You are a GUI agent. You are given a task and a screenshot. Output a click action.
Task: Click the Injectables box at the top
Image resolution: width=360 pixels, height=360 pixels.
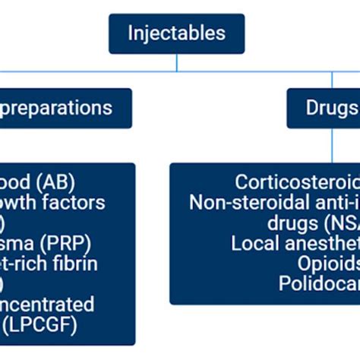point(176,34)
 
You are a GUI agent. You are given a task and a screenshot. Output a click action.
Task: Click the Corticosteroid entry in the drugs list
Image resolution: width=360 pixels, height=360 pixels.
point(297,182)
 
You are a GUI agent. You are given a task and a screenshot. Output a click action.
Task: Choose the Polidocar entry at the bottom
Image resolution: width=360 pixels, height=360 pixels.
point(319,284)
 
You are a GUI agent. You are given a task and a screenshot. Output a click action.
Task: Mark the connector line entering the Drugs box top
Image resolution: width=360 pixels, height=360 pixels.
point(333,81)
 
